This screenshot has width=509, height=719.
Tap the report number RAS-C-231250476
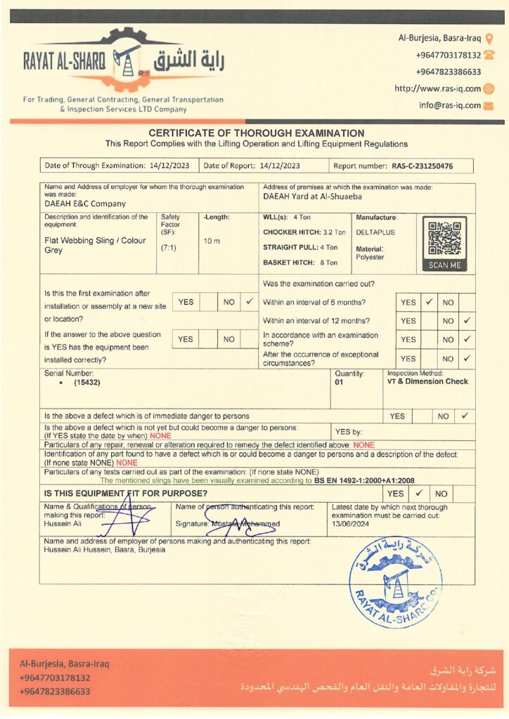tap(422, 166)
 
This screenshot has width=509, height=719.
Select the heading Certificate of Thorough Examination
tap(256, 133)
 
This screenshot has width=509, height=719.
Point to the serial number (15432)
tap(87, 384)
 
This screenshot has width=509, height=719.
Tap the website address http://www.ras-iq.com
tap(437, 89)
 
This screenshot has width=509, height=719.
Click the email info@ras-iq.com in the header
tap(450, 105)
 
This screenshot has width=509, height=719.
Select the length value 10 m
tap(212, 241)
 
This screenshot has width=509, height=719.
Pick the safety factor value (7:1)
tap(169, 248)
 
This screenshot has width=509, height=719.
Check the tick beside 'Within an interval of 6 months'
tap(429, 302)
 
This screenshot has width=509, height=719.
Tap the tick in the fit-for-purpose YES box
tap(417, 494)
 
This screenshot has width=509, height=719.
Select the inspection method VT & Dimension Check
tap(427, 382)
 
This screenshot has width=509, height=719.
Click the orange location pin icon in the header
tap(489, 39)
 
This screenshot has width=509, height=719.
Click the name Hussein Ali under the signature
tap(61, 524)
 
